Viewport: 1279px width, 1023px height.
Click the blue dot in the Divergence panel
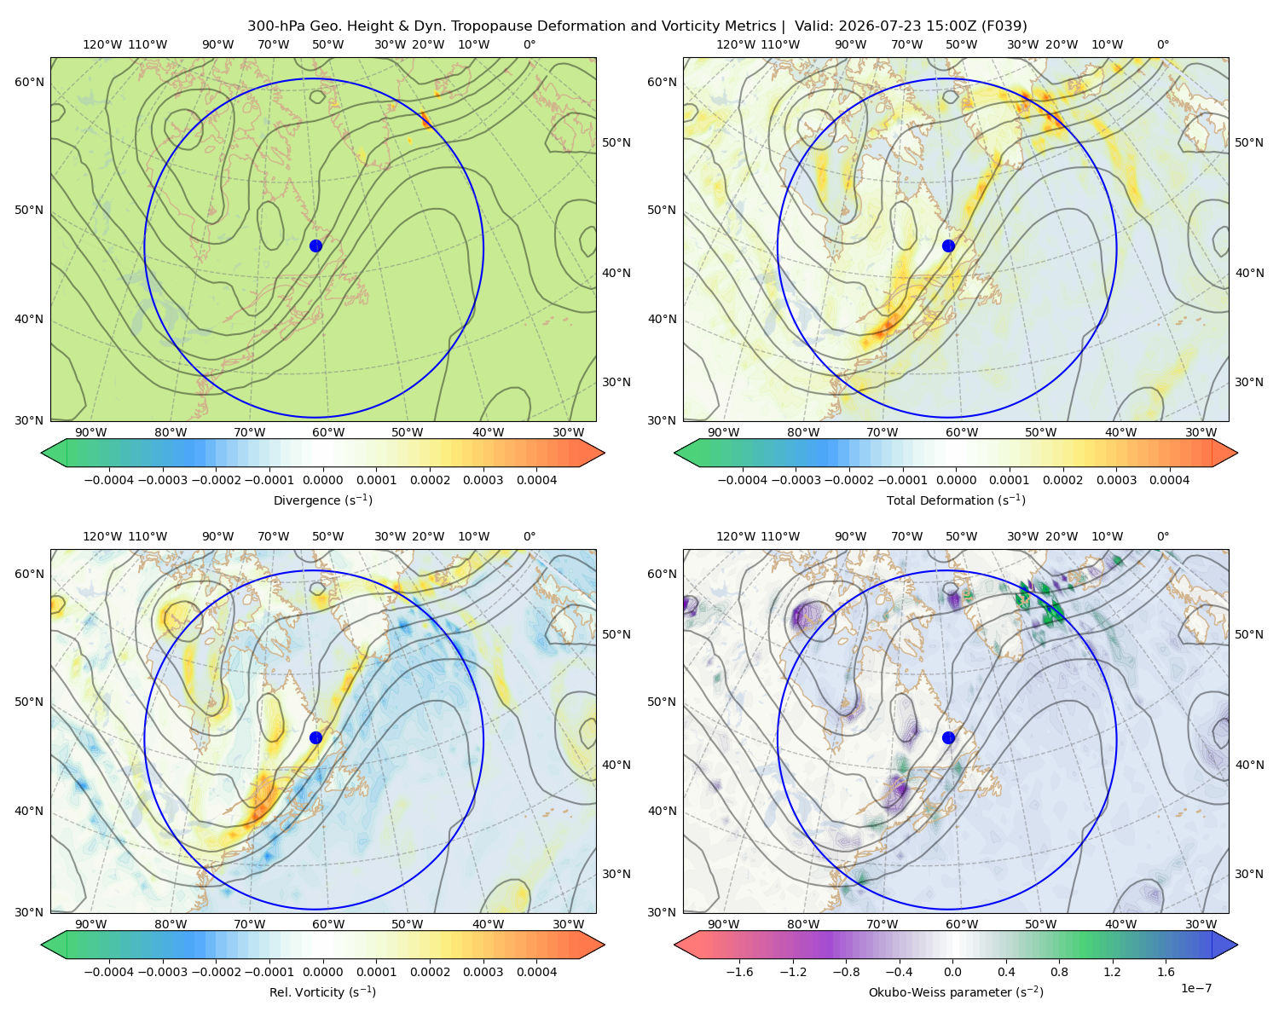315,246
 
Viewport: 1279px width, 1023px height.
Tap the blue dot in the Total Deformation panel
948,246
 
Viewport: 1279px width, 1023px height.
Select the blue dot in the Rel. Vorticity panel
315,737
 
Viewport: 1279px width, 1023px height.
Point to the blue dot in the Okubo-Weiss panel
948,737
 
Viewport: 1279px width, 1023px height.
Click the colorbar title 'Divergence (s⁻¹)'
322,500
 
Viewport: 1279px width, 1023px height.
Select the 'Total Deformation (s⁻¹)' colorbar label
956,500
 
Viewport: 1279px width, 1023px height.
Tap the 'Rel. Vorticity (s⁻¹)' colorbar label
322,992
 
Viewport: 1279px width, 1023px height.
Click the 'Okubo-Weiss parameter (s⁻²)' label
956,992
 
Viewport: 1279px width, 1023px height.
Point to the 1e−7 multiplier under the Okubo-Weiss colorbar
1195,988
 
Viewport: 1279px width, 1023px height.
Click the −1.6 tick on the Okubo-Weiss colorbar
739,972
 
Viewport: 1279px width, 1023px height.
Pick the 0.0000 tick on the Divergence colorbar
322,480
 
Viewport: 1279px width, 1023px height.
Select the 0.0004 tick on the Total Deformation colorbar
1169,480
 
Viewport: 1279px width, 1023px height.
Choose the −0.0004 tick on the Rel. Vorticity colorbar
109,972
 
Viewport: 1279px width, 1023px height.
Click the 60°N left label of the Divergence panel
29,82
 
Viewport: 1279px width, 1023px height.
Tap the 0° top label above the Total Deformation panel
1162,44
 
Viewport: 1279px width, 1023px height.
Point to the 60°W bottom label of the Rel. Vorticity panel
328,924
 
